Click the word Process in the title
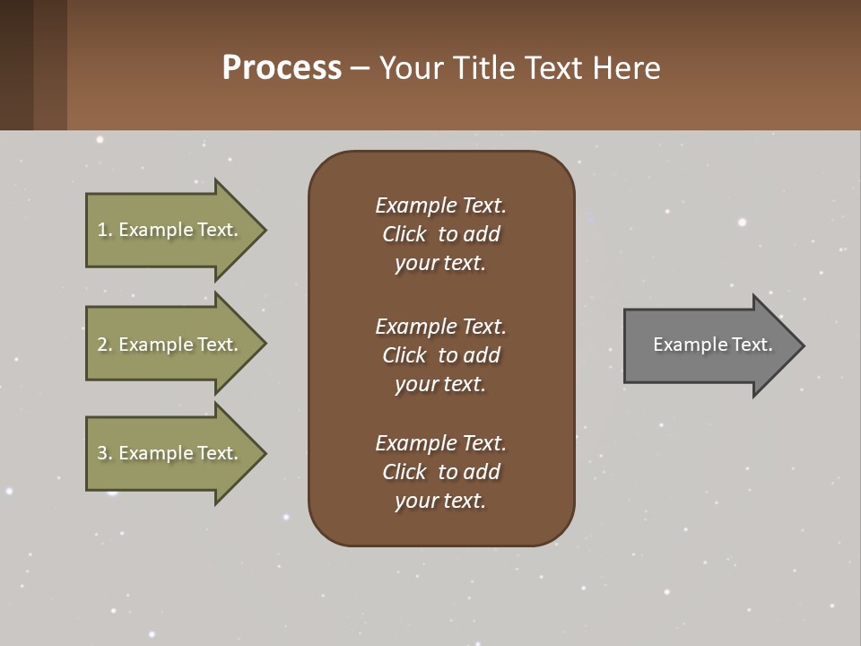(x=282, y=68)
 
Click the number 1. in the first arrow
(x=104, y=230)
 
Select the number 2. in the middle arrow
(x=104, y=345)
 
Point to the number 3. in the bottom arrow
(x=104, y=453)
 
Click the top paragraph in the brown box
(x=440, y=234)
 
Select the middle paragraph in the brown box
(x=440, y=355)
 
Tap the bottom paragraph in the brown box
(x=440, y=472)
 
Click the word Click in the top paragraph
(x=404, y=234)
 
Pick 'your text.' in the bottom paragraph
(x=440, y=501)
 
